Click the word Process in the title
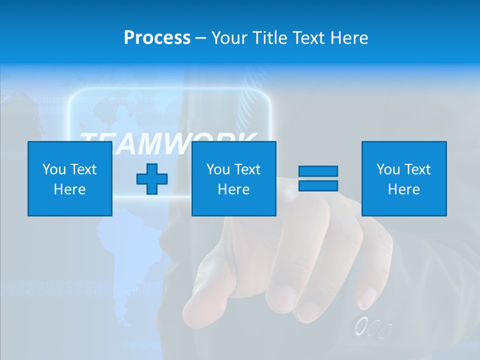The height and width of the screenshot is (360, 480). [157, 38]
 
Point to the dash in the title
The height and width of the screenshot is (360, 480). [201, 38]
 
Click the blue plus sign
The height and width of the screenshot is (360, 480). [152, 179]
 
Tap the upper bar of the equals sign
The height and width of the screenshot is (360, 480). [318, 171]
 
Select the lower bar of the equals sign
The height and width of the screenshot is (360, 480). [318, 185]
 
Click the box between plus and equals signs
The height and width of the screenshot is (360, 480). [234, 178]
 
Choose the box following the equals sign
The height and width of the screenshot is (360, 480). [404, 178]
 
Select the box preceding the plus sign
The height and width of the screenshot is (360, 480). [70, 178]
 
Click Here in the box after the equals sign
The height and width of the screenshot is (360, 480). [404, 189]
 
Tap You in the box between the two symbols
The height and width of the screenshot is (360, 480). [218, 169]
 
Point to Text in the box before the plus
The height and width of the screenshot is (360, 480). [83, 169]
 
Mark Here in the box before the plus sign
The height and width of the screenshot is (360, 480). [70, 189]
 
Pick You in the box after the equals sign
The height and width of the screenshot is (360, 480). [388, 169]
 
